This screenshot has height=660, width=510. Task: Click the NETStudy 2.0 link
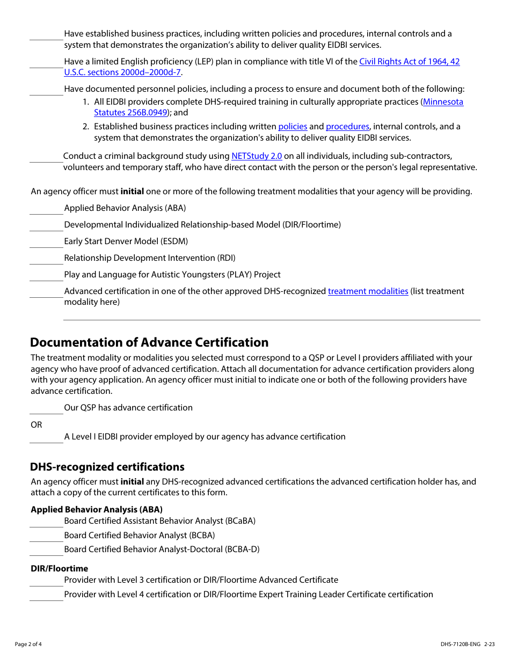[x=257, y=156]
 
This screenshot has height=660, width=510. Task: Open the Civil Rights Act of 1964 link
[x=409, y=62]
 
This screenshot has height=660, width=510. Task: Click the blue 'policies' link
[x=293, y=127]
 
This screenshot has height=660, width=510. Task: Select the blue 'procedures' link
[x=347, y=127]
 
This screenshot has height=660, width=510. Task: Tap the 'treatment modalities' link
[x=368, y=291]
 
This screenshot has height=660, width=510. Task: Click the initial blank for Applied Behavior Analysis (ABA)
[x=46, y=209]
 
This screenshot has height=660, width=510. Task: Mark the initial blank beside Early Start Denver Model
[x=46, y=243]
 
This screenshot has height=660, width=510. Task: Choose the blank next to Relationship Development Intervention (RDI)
[x=46, y=259]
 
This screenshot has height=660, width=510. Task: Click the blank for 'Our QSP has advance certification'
[x=46, y=409]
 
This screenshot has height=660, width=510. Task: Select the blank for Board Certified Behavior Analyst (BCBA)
[x=46, y=537]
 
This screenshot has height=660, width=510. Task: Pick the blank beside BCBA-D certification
[x=46, y=551]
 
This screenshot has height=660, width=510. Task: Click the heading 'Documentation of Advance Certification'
[x=149, y=342]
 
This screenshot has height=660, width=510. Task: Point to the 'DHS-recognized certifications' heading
[x=107, y=467]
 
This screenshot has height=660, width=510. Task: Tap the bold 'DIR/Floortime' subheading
[x=59, y=569]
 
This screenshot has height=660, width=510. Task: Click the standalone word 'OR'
[x=37, y=425]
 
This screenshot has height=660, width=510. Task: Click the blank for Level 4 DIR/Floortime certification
[x=46, y=596]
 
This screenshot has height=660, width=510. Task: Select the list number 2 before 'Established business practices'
[x=86, y=127]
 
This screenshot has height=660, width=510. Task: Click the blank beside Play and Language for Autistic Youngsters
[x=46, y=276]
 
